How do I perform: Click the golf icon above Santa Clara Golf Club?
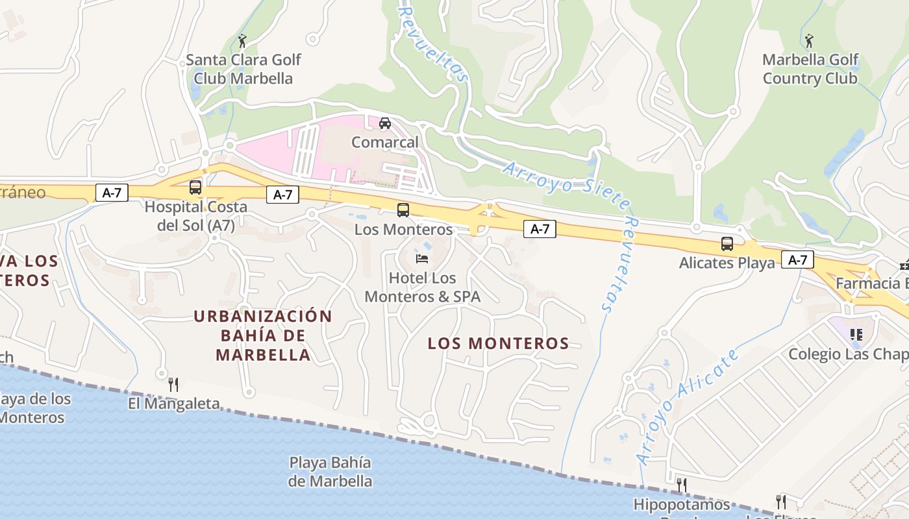point(243,41)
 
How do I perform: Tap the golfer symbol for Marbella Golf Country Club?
point(809,41)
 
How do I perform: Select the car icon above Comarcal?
point(385,123)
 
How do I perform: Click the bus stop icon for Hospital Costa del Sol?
point(195,187)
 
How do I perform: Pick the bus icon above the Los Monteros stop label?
point(403,210)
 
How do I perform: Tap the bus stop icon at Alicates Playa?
point(727,244)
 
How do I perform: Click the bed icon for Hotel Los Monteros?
point(422,259)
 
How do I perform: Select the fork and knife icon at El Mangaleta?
point(173,385)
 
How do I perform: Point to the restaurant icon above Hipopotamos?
point(682,485)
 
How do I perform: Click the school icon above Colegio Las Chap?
point(856,335)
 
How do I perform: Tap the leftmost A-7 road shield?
point(112,193)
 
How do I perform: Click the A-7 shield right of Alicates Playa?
point(797,260)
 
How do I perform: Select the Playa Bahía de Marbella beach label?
point(330,472)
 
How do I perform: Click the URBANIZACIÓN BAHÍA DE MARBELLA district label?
point(263,335)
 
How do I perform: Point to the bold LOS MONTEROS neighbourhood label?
point(498,343)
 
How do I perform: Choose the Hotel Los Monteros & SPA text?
point(422,287)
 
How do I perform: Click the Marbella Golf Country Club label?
point(810,69)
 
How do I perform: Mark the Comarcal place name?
point(385,142)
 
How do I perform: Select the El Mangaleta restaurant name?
point(173,404)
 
